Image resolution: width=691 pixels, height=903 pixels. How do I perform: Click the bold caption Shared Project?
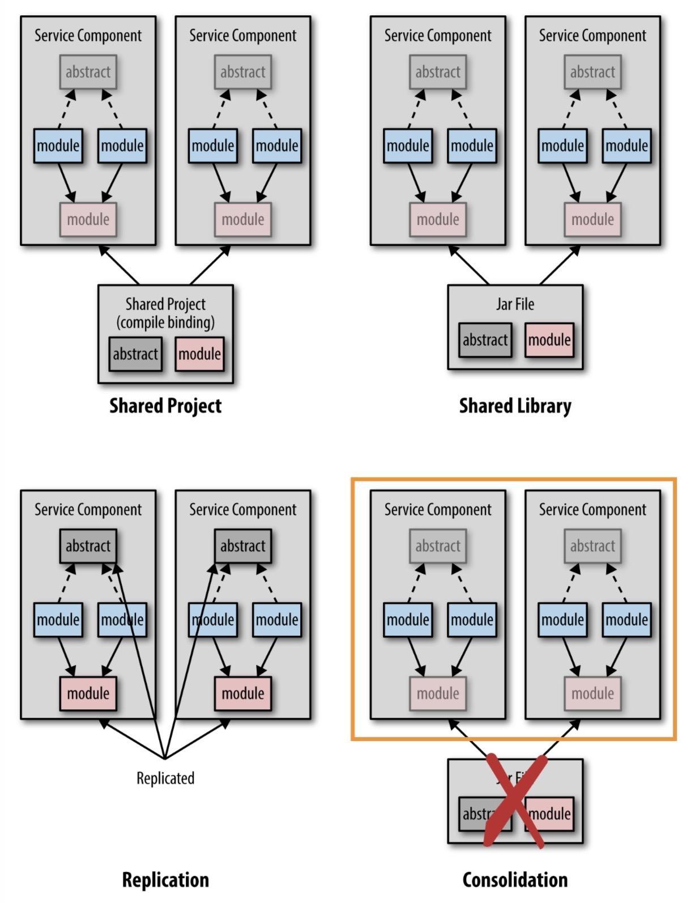click(x=165, y=406)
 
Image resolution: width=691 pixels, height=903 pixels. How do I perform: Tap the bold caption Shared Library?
click(x=515, y=406)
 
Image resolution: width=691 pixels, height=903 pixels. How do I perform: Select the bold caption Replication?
click(x=165, y=880)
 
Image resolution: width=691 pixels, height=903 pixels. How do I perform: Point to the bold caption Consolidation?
click(x=515, y=880)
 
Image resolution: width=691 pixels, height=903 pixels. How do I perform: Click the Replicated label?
click(x=165, y=778)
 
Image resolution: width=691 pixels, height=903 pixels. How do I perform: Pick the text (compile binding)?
click(x=165, y=322)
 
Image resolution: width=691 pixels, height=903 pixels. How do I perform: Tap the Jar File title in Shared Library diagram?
click(x=515, y=304)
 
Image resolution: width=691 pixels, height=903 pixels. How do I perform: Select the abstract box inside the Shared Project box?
click(x=135, y=354)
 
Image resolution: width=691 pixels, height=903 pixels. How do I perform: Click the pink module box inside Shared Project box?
click(x=199, y=354)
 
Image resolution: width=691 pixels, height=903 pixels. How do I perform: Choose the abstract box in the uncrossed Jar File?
click(x=485, y=340)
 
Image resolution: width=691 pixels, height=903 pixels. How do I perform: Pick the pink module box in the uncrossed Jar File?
click(x=549, y=340)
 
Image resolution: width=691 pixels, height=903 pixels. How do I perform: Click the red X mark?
click(x=515, y=800)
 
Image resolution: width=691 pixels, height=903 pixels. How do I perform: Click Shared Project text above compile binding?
click(x=165, y=304)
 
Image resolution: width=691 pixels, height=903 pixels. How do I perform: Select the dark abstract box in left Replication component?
click(x=88, y=546)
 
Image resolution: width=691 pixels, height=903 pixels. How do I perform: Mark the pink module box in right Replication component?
click(x=242, y=693)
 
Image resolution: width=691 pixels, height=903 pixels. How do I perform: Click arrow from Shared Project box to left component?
click(x=119, y=265)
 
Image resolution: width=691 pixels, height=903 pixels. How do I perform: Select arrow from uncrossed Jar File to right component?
click(x=560, y=265)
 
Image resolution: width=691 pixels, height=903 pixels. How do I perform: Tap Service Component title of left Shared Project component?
click(x=88, y=36)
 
